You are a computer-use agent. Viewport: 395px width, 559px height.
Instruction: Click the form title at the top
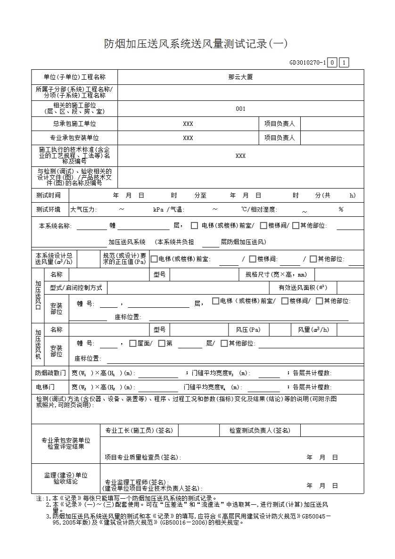[196, 44]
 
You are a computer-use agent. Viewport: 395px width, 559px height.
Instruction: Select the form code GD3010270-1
[308, 63]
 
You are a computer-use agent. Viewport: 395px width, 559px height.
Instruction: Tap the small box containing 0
[332, 63]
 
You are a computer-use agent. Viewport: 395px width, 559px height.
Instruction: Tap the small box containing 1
[344, 63]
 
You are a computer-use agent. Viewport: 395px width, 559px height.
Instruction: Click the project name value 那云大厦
[240, 77]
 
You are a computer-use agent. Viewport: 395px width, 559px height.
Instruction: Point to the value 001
[240, 109]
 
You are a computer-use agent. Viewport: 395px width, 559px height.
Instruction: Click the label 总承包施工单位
[74, 124]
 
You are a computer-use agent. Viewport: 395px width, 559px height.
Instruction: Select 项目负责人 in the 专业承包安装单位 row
[280, 138]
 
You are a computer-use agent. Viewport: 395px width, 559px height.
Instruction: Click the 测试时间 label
[49, 196]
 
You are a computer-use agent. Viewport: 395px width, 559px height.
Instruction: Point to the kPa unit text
[158, 210]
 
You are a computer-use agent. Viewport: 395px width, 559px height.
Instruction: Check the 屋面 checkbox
[132, 344]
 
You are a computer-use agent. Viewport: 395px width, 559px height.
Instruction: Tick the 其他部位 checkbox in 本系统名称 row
[296, 226]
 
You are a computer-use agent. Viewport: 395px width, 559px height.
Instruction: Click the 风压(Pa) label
[248, 330]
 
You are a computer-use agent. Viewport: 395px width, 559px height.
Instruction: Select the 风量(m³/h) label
[313, 330]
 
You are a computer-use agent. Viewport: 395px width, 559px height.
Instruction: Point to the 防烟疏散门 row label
[50, 373]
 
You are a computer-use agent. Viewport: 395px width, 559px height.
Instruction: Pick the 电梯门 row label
[45, 387]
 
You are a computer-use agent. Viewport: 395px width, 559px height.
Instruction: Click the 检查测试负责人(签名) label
[260, 430]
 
